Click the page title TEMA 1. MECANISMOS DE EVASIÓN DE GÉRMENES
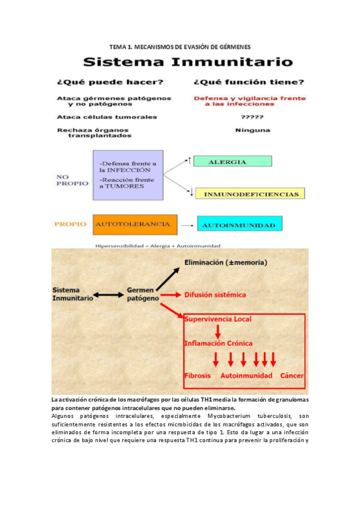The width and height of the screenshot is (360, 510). coord(180,46)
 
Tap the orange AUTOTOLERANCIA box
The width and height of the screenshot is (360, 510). coord(135,224)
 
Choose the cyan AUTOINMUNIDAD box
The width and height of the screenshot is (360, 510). coord(239,225)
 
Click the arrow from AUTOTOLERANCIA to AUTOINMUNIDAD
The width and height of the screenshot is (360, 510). coord(187,226)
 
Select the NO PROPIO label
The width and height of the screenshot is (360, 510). coord(73,180)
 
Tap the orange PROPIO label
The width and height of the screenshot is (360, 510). coord(72,224)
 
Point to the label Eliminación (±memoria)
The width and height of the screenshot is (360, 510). coord(225,262)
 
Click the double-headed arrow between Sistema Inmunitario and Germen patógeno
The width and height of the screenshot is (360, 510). coord(110,295)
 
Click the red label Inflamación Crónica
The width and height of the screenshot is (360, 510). coord(218,343)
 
